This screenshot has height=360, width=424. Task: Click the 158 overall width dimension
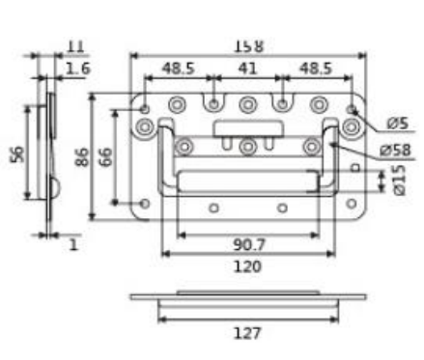pos(248,46)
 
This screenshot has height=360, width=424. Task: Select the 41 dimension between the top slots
pos(247,69)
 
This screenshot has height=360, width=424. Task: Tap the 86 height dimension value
pos(82,157)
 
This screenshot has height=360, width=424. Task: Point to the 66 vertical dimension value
pos(105,157)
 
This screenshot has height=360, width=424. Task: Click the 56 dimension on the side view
pos(17,154)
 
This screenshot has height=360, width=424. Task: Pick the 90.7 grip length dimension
pos(249,245)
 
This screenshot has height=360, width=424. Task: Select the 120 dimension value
pos(247,266)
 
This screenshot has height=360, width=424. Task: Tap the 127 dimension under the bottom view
pos(247,333)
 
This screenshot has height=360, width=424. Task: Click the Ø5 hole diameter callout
pos(398,124)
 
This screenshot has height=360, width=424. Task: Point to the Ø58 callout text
pos(396,151)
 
